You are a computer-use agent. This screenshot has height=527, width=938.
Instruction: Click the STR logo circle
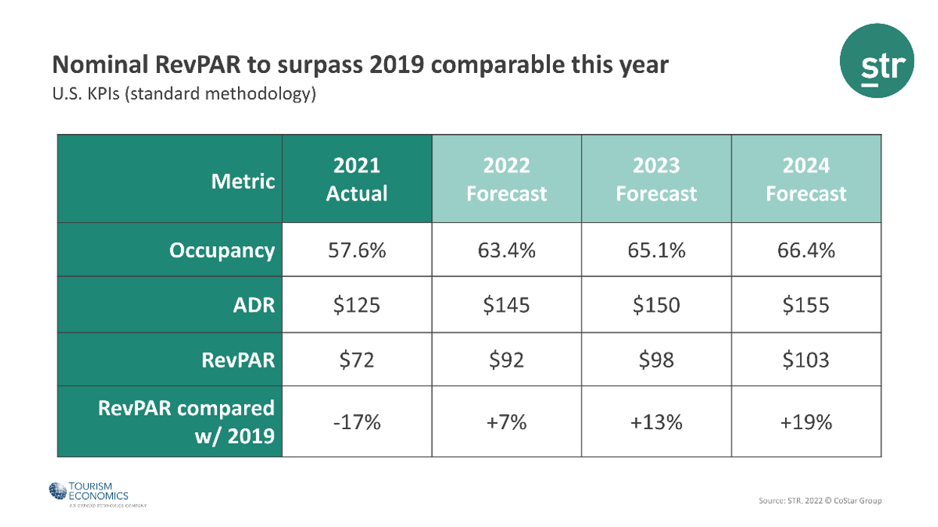876,60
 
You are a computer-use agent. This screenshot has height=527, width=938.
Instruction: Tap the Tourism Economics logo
88,493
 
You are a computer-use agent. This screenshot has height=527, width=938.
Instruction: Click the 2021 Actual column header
356,179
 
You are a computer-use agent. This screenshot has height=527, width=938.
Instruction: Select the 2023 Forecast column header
655,179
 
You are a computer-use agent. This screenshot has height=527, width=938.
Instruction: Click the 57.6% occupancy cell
356,250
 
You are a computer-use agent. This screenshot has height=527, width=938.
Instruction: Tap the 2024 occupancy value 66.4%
805,250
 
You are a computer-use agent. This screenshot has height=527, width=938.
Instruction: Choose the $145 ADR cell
506,305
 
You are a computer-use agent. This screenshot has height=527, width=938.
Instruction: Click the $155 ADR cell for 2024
805,305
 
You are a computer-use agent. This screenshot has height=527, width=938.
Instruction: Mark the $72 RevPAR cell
356,360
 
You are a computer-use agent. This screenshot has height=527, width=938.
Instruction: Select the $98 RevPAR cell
655,360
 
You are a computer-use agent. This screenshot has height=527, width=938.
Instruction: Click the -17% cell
356,422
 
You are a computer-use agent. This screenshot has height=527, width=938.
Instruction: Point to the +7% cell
506,422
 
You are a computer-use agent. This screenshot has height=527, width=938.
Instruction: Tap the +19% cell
805,422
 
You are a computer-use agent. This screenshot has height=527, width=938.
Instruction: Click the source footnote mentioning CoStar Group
820,501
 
